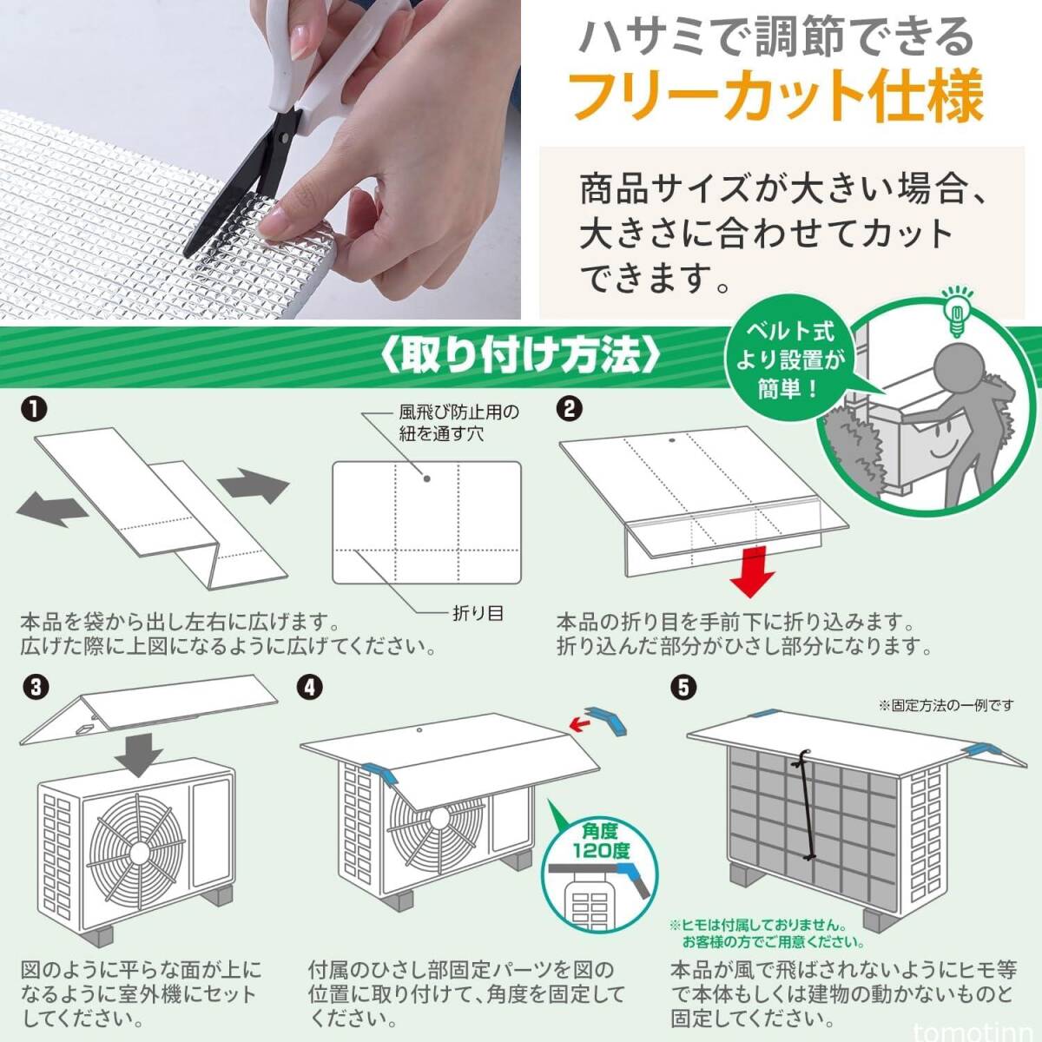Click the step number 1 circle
tap(34, 410)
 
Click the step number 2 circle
tap(569, 410)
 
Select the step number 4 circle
tap(310, 688)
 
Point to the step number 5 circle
tap(683, 688)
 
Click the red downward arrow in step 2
tap(752, 571)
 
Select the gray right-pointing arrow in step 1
tap(254, 485)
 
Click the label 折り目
tap(478, 613)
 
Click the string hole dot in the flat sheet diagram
tap(426, 478)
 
